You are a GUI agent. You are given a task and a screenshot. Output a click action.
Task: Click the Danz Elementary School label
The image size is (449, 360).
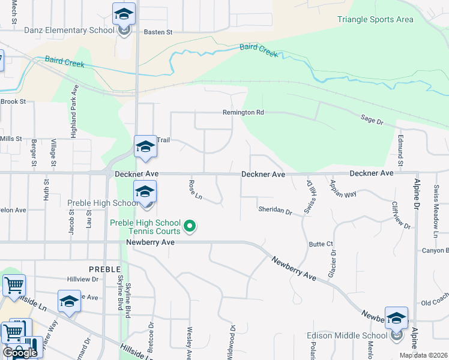tap(69, 30)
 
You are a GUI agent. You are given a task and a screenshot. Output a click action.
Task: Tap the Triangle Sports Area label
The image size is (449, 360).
tap(375, 19)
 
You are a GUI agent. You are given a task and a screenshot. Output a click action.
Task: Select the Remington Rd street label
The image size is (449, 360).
tap(243, 112)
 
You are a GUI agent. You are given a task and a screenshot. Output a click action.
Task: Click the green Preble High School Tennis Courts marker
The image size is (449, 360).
tap(190, 226)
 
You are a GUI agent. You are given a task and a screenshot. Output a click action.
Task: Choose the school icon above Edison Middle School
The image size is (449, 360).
tap(396, 318)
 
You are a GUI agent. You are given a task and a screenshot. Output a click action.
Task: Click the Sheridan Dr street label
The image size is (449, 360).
tap(275, 211)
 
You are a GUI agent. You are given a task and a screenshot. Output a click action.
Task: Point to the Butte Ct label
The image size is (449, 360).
tap(321, 244)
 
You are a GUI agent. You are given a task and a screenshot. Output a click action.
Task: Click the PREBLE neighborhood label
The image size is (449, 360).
tap(105, 269)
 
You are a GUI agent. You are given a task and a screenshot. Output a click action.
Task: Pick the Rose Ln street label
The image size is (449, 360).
tap(196, 190)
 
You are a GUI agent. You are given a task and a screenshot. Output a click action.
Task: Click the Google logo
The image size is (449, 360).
tap(20, 352)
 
